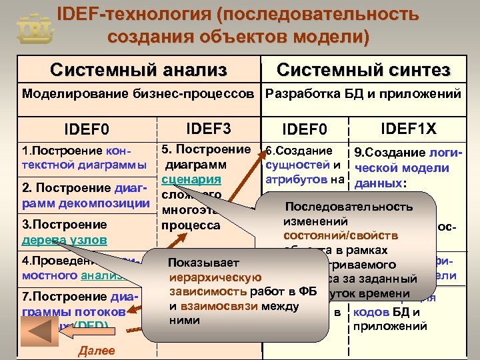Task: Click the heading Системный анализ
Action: (x=139, y=69)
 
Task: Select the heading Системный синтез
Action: (x=363, y=70)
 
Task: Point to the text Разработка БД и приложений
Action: (x=363, y=93)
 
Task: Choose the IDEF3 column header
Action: (x=207, y=127)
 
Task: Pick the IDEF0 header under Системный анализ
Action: (x=86, y=128)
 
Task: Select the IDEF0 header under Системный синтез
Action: (x=305, y=128)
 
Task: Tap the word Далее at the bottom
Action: (x=96, y=351)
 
